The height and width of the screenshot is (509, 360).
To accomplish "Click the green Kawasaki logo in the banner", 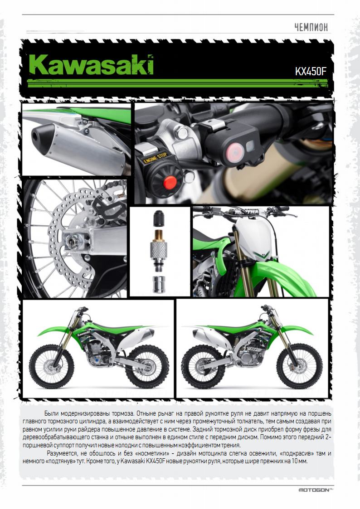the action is (91, 65).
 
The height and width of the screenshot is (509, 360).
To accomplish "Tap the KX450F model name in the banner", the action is (310, 72).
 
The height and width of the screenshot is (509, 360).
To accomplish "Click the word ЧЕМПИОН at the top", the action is (311, 27).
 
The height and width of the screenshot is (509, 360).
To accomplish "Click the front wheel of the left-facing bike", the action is (49, 367).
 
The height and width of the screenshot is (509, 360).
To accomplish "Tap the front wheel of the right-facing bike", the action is (301, 367).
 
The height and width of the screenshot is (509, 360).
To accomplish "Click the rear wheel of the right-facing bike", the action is (203, 367).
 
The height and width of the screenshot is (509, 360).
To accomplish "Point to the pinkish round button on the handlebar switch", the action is (235, 150).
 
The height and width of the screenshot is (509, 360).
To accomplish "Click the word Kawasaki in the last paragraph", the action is (133, 461).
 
